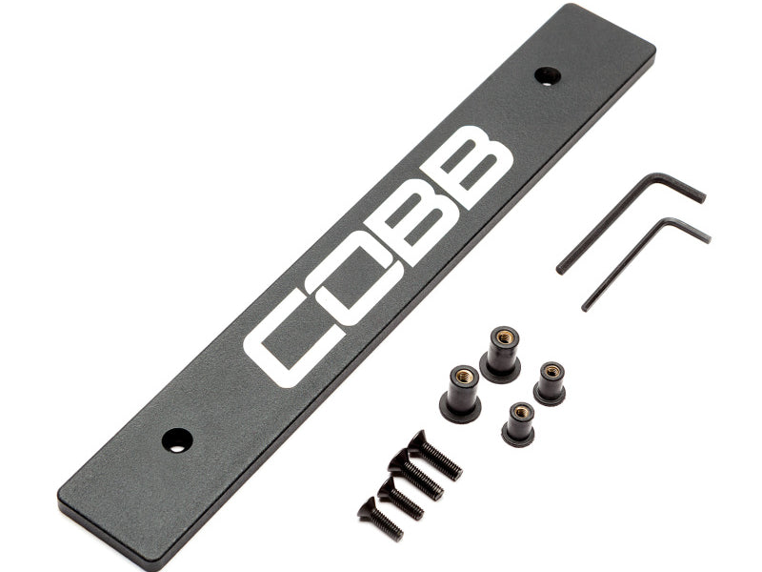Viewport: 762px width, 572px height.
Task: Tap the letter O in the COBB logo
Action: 353,274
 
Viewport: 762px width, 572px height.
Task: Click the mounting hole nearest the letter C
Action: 177,440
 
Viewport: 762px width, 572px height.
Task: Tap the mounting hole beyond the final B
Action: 548,76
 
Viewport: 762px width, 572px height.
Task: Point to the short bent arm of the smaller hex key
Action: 688,230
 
